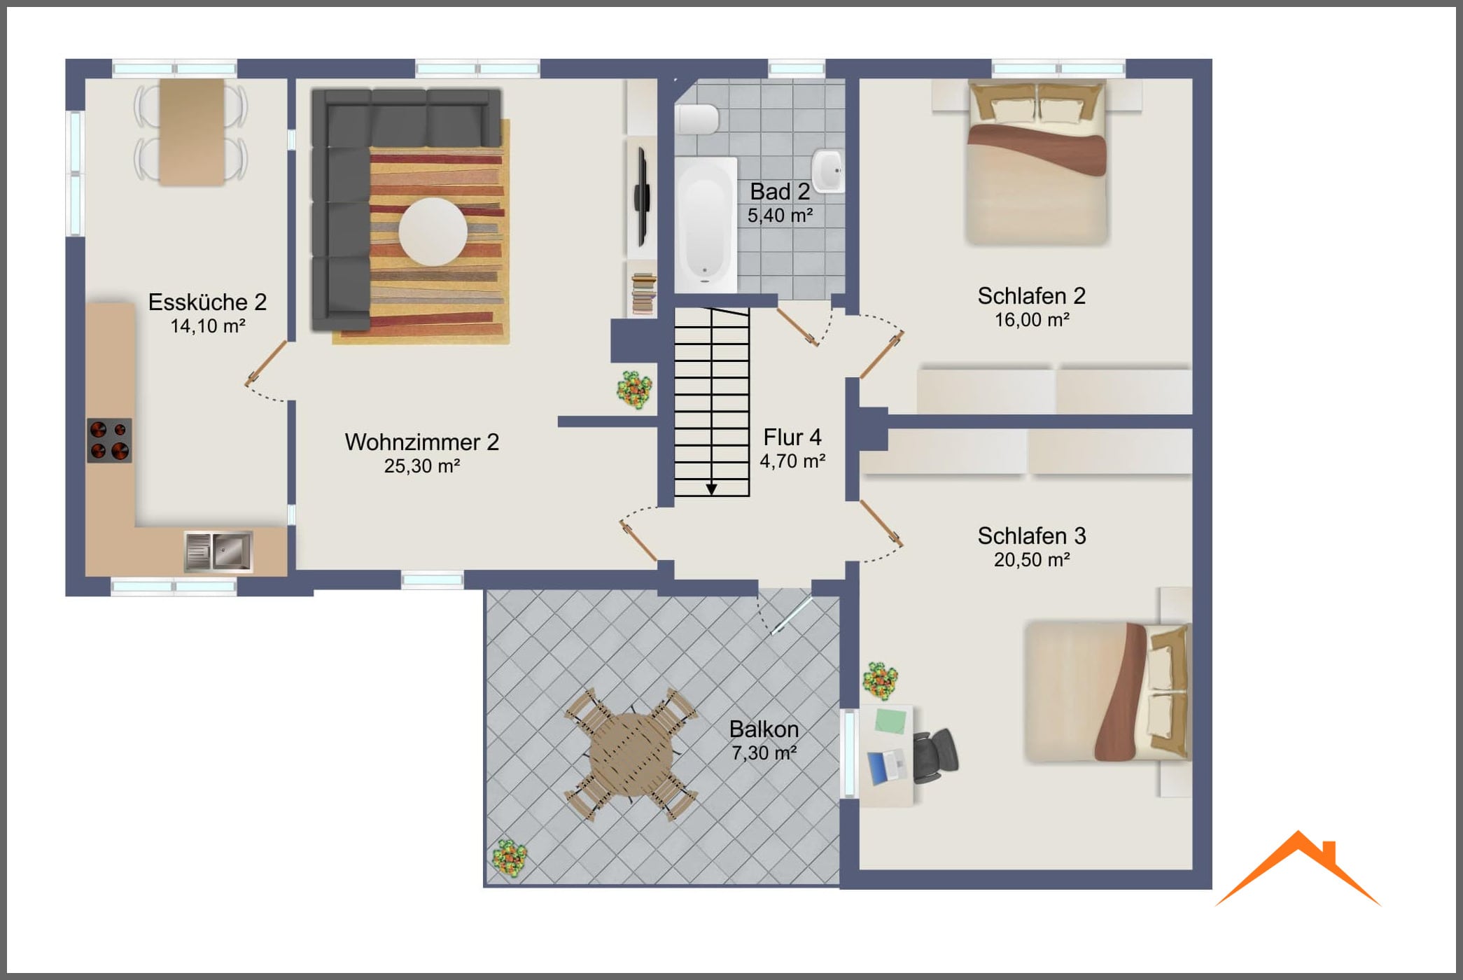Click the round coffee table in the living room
coord(433,232)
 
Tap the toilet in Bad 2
coord(697,119)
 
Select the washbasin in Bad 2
coord(828,170)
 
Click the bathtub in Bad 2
coord(706,225)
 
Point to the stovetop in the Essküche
coord(109,440)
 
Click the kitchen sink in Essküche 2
coord(218,551)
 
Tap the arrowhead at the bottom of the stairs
coord(711,489)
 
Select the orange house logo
coord(1298,868)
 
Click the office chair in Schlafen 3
coord(935,755)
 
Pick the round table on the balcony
coord(631,753)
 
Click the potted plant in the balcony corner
coord(510,858)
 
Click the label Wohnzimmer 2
coord(422,442)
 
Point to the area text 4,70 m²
coord(792,461)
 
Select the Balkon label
coord(764,729)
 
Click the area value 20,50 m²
coord(1032,560)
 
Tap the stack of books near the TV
coord(643,293)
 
